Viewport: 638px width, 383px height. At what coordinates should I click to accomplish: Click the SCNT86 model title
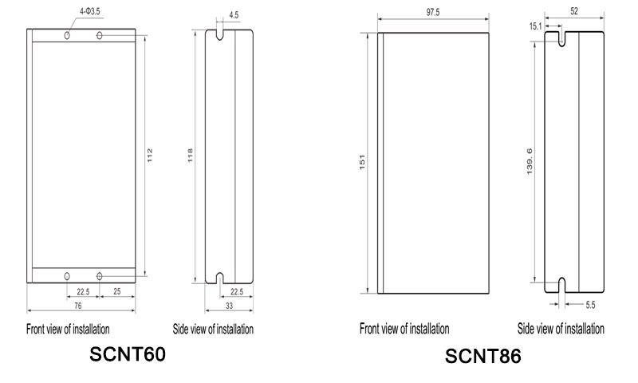click(482, 356)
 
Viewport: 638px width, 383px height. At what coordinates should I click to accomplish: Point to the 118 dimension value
click(190, 156)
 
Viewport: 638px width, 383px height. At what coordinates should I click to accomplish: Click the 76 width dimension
click(78, 306)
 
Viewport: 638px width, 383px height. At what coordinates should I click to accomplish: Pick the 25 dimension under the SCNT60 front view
click(117, 291)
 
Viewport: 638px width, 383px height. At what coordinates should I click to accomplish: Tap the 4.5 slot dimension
click(232, 14)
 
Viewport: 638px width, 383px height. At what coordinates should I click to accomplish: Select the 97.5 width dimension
click(433, 14)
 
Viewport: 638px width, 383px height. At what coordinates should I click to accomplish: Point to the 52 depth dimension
click(574, 11)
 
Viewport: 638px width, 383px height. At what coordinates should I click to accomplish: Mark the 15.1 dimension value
click(534, 27)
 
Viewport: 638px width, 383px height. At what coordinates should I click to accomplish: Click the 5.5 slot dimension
click(590, 305)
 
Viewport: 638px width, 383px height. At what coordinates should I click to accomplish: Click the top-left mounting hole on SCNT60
click(68, 36)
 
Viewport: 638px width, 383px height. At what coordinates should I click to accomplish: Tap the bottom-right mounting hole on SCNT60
click(99, 275)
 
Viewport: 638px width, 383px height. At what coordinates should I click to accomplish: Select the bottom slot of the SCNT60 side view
click(219, 279)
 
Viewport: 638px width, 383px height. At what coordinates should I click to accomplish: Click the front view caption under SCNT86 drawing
click(404, 329)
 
